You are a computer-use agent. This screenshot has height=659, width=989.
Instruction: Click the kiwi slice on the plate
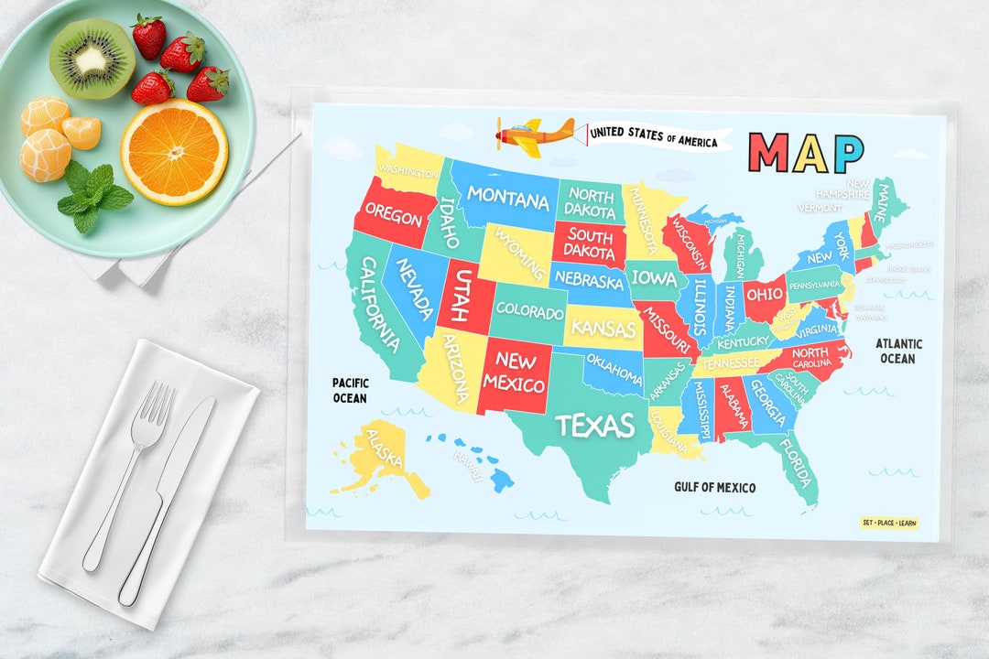pos(92,57)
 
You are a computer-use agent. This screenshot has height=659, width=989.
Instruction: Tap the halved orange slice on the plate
pos(174,151)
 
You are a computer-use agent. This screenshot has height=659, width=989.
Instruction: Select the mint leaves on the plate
pos(93,194)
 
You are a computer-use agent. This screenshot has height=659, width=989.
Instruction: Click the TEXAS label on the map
pos(595,426)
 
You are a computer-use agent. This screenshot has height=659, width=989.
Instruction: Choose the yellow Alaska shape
pos(385,453)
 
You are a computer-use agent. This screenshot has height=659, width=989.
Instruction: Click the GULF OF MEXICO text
pos(715,487)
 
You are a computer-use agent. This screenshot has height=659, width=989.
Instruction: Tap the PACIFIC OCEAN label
pos(350,390)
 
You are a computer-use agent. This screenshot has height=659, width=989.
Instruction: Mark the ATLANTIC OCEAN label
pos(898,351)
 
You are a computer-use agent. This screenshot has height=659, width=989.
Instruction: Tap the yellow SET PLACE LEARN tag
pos(889,524)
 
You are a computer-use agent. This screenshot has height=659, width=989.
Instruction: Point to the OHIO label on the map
pos(764,296)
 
